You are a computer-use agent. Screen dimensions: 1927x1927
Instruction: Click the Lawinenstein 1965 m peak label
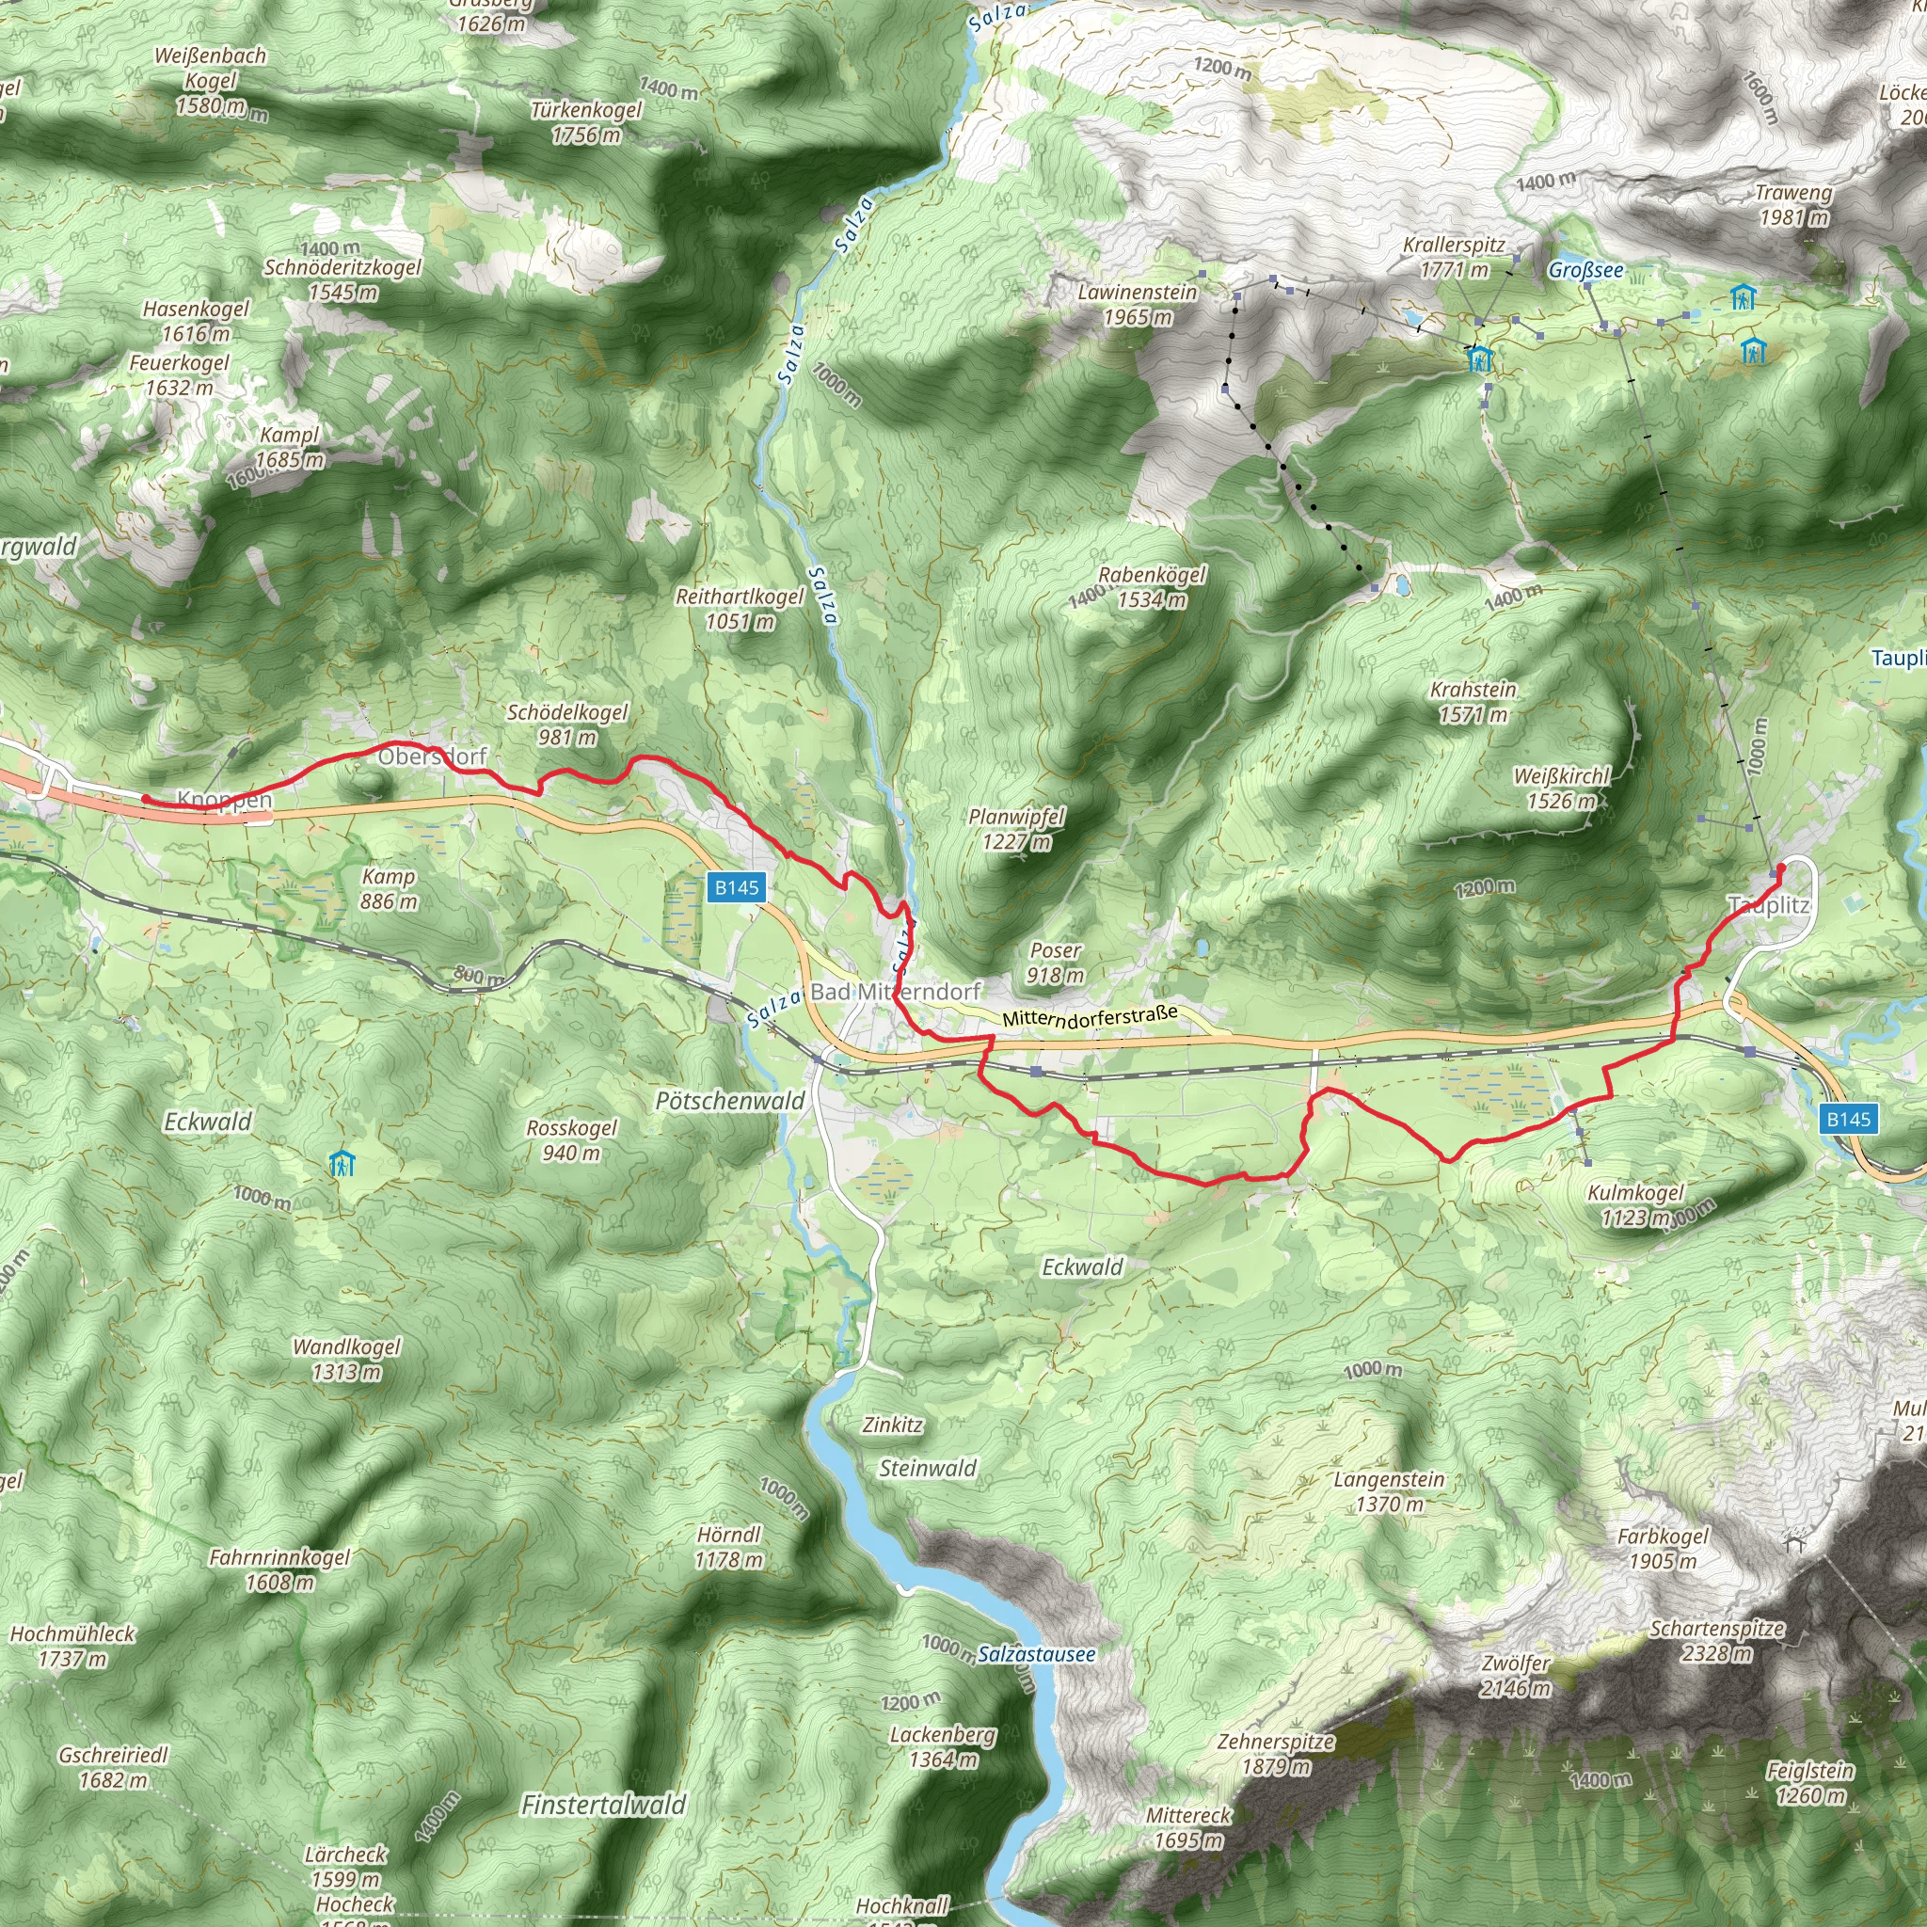click(x=1137, y=304)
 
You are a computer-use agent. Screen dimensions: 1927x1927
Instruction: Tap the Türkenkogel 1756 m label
click(x=586, y=121)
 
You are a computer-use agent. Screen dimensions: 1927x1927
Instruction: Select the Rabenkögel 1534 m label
click(x=1152, y=586)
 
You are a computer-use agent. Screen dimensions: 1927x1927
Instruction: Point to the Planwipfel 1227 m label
click(x=1016, y=829)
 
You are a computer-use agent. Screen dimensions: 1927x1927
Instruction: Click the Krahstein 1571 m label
click(x=1473, y=701)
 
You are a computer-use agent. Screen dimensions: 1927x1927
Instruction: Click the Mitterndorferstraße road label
click(x=1090, y=1016)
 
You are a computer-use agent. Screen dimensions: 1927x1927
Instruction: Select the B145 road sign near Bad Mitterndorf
click(x=736, y=887)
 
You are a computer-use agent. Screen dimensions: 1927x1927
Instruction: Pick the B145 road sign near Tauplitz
click(x=1848, y=1119)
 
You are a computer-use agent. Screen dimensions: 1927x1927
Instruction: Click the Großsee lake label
click(x=1585, y=270)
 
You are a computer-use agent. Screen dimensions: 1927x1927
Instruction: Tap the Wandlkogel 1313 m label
click(x=346, y=1360)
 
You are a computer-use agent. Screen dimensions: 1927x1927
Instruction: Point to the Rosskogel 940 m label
click(x=571, y=1140)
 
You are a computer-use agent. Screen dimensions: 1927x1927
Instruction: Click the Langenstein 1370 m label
click(x=1390, y=1491)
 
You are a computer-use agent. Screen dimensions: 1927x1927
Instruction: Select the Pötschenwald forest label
click(x=730, y=1101)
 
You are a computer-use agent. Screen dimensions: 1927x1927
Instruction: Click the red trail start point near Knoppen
click(x=146, y=799)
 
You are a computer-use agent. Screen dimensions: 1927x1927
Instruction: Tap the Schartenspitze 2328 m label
click(x=1716, y=1641)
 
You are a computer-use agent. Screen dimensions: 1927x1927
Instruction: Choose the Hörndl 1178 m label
click(x=729, y=1547)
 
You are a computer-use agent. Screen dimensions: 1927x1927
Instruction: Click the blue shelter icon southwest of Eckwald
click(x=342, y=1164)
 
